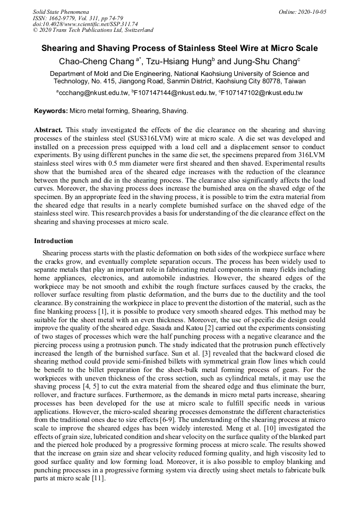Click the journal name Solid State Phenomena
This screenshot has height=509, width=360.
click(61, 12)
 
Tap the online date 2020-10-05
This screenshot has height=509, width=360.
click(312, 12)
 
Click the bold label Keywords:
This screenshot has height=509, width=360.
click(51, 111)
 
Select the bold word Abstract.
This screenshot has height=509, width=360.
click(48, 130)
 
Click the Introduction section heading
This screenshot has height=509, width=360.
click(54, 241)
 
